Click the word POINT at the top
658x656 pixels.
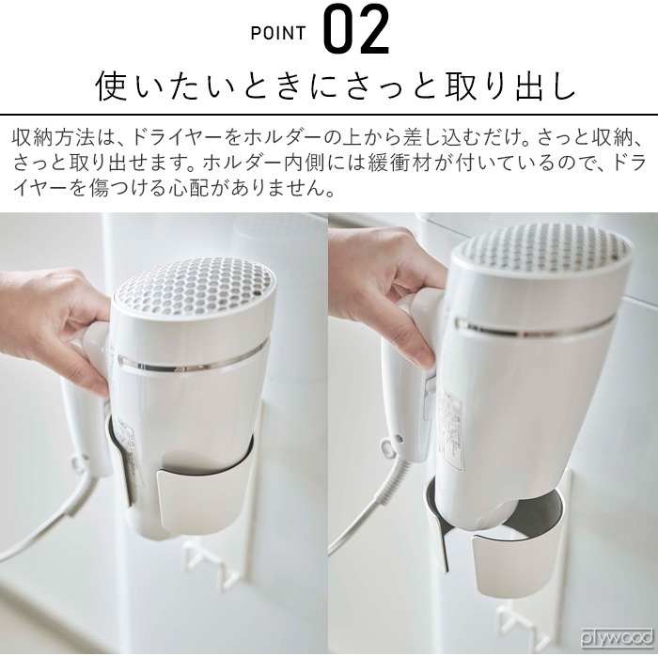click(278, 34)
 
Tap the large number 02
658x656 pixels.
click(356, 31)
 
